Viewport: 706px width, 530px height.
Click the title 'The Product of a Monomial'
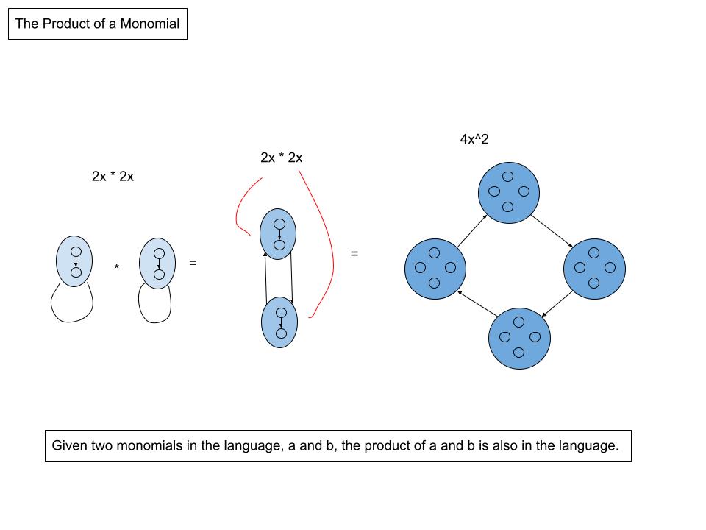(97, 24)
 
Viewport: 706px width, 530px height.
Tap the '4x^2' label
(474, 139)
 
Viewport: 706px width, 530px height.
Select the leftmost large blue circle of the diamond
(435, 268)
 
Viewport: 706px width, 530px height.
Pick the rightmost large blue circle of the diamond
(594, 268)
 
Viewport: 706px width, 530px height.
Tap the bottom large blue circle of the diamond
(519, 337)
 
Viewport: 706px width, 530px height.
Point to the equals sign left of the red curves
(193, 261)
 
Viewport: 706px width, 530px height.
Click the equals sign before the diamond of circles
(354, 254)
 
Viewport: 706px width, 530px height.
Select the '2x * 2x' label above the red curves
(281, 158)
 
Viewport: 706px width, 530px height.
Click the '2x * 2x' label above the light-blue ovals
(113, 177)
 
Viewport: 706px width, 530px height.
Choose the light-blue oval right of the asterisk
(158, 263)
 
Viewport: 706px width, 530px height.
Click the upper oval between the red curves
(279, 234)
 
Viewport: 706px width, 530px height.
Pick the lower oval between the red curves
(279, 322)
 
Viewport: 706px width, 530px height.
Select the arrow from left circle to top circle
(471, 231)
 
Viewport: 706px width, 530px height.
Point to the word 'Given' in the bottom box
(68, 445)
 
